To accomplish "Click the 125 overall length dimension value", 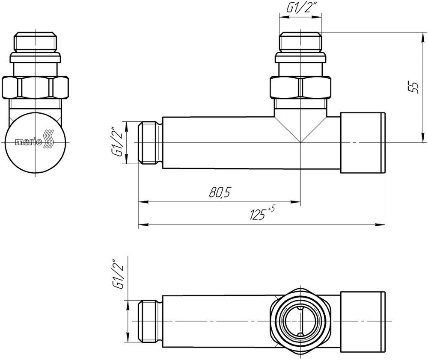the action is click(258, 215).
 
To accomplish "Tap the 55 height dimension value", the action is click(415, 87).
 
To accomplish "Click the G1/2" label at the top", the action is click(300, 9).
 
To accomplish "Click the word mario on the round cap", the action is click(29, 142).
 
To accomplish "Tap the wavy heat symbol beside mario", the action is click(49, 139).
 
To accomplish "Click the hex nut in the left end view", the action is click(35, 88).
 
